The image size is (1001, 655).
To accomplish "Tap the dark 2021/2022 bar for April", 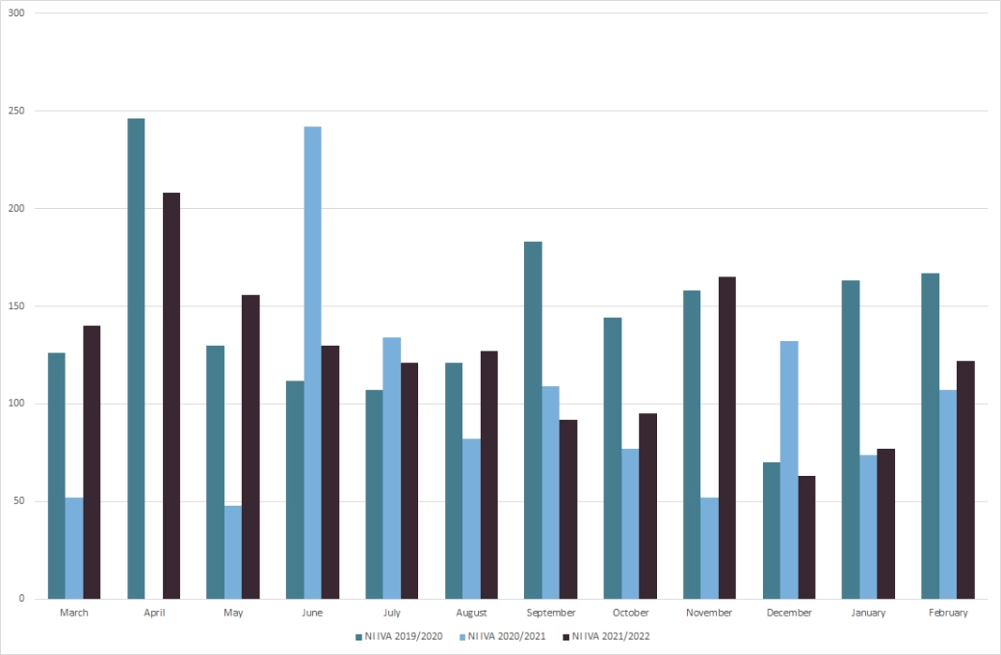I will (x=171, y=396).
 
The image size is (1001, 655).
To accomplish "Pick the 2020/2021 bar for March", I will (x=74, y=548).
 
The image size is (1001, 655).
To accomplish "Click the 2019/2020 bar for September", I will (x=533, y=420).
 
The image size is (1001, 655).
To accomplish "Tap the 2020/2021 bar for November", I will (x=710, y=548).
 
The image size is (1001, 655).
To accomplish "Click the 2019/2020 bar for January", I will (x=851, y=439).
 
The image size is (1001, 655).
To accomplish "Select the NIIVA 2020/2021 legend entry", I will (x=506, y=636).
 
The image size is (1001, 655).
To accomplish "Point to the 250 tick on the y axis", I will (x=16, y=111).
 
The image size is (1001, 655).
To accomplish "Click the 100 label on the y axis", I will (x=16, y=404).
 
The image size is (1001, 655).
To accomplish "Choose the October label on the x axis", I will (x=631, y=613).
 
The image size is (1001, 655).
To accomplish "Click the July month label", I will (x=392, y=613).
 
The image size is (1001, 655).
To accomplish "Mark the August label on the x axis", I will (x=471, y=613).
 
